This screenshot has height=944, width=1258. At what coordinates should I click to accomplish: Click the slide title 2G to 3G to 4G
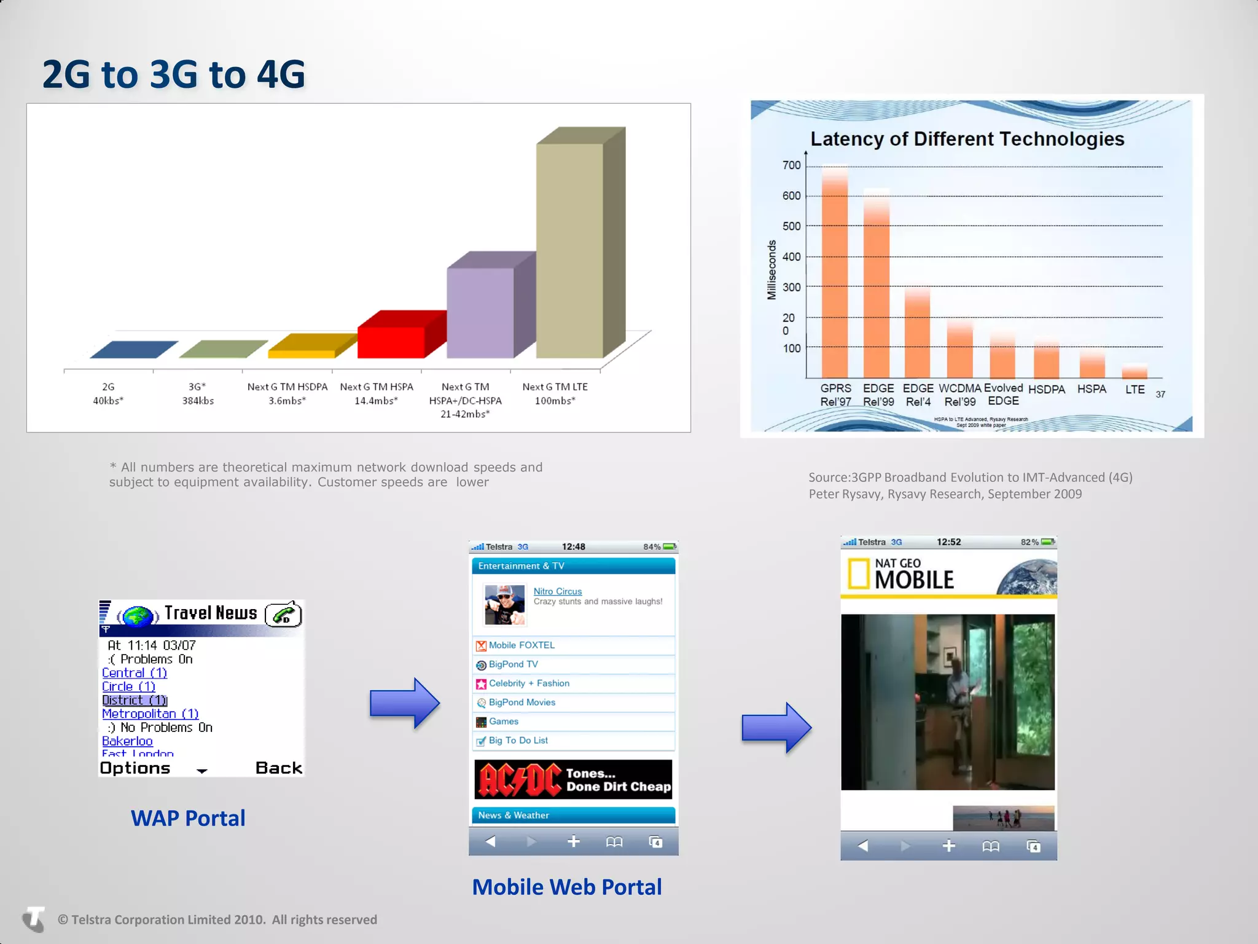[173, 74]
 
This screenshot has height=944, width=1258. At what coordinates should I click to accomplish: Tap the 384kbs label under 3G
[198, 401]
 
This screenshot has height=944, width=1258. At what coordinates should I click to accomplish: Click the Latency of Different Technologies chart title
[967, 139]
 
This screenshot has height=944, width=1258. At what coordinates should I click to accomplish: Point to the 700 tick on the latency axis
[791, 165]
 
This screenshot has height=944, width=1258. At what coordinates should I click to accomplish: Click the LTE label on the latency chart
[1135, 390]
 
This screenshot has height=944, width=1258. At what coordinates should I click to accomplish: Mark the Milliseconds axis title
[772, 270]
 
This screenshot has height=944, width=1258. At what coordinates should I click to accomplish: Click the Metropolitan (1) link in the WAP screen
[150, 714]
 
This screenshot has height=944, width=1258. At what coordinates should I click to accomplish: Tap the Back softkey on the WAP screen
[278, 768]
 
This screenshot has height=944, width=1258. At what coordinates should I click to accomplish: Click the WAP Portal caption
[188, 818]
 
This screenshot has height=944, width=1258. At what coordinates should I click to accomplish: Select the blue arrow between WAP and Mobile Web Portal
[404, 703]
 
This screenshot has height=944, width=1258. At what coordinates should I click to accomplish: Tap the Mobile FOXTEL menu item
[522, 645]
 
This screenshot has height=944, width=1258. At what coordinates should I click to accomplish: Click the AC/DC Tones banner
[573, 779]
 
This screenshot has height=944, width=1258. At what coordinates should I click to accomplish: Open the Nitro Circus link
[557, 591]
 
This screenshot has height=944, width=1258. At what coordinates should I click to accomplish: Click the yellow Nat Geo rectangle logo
[859, 574]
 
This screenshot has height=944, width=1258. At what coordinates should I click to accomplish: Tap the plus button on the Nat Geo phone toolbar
[948, 846]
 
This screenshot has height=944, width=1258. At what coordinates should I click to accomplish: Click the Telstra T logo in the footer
[34, 919]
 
